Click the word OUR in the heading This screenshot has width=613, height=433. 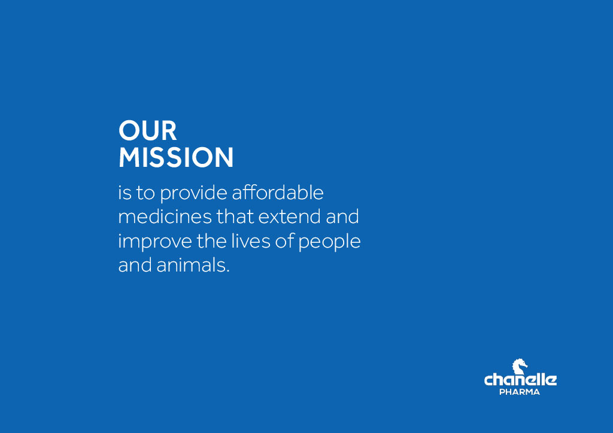click(148, 130)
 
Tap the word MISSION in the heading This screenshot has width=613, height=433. click(176, 157)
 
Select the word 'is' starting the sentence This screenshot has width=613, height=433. click(125, 193)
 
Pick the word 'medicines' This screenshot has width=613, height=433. click(165, 216)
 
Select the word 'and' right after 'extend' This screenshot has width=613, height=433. click(342, 216)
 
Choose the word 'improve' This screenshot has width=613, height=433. click(155, 242)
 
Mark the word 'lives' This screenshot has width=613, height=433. click(251, 241)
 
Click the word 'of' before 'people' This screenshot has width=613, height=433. click(284, 241)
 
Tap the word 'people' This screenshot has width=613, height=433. click(330, 242)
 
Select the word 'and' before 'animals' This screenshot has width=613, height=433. click(135, 265)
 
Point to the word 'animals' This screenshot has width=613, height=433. click(191, 265)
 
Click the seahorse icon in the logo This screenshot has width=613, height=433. click(520, 367)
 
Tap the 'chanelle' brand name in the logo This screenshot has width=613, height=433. click(520, 379)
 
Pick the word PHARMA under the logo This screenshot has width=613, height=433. click(520, 392)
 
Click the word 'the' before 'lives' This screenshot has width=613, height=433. click(211, 241)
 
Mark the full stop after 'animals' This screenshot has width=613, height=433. click(227, 272)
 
